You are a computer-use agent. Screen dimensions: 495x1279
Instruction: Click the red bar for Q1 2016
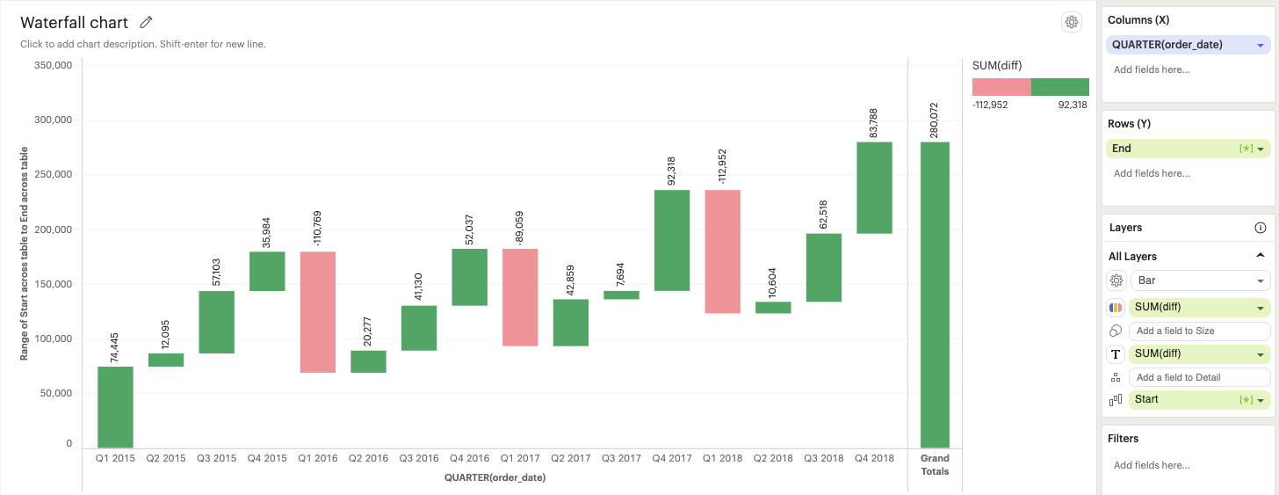317,312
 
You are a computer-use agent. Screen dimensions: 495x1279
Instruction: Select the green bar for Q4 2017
672,240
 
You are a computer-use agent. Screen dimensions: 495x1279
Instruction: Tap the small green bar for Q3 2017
621,295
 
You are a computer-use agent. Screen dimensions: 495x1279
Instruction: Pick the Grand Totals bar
935,295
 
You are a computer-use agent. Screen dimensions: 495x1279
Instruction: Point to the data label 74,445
115,342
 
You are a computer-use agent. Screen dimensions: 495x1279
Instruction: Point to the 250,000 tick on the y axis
53,175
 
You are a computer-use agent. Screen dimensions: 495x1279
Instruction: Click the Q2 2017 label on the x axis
570,458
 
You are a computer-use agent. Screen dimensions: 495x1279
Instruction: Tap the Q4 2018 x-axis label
874,458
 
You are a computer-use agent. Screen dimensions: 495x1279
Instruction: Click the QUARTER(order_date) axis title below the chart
495,477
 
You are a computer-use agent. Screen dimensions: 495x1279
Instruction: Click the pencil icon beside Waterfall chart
147,23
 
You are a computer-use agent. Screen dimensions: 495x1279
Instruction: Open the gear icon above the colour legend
1071,23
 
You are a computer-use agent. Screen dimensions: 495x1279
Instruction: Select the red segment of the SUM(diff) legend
1001,86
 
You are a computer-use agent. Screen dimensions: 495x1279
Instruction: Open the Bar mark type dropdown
1200,280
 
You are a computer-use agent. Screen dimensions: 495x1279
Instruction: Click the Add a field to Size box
1200,331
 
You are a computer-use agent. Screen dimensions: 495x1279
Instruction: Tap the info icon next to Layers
1261,228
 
